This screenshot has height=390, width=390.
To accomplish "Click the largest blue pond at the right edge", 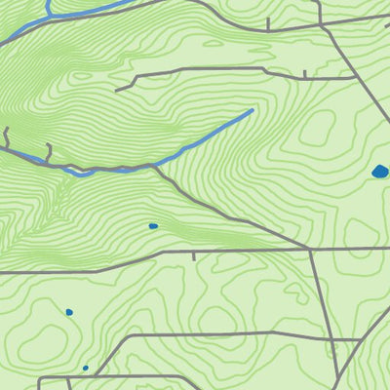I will point(380,173).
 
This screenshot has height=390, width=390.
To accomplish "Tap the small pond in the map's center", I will point(153,226).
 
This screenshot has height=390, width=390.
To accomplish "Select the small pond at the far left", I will point(69,312).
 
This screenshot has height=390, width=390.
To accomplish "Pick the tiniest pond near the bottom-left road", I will point(85,368).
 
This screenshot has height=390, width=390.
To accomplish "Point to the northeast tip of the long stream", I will point(252,110).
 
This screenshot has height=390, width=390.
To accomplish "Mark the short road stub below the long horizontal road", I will point(194,258).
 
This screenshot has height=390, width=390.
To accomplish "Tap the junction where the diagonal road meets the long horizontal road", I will point(310,250).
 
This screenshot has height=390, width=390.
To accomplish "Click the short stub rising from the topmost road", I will point(266,19).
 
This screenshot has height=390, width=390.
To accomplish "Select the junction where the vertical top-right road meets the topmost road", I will point(321,26).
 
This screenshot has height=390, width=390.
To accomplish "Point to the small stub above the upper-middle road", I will point(304,72).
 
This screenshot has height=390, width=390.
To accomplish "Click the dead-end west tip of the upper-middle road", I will point(117,90).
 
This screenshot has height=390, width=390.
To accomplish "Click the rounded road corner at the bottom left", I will point(42,377).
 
